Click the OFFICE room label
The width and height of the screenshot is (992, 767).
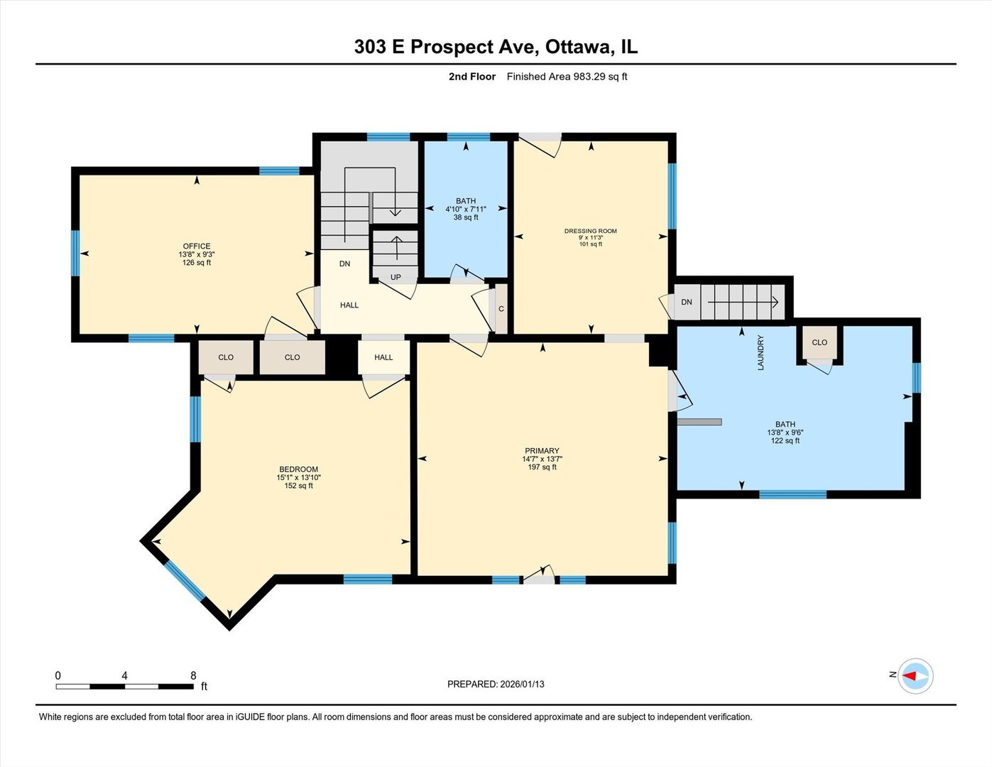(197, 246)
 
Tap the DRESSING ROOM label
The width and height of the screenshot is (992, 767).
(590, 231)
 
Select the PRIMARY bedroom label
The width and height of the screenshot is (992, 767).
(542, 451)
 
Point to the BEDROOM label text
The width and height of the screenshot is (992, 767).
(298, 469)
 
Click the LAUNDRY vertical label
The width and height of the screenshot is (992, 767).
(761, 352)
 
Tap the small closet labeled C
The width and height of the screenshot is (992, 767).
(501, 309)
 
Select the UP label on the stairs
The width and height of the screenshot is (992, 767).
(396, 277)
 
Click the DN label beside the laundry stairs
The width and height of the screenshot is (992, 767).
(687, 302)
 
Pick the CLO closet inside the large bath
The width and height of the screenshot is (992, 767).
(819, 342)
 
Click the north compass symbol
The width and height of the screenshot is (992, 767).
(915, 675)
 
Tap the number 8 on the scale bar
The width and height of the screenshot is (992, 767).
(193, 675)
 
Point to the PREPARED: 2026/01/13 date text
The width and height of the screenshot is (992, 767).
(496, 684)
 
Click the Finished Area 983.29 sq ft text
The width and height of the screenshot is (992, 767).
(567, 77)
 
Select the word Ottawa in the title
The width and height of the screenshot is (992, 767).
(578, 47)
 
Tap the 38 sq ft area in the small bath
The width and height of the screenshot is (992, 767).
(466, 217)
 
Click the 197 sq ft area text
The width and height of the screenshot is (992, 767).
(542, 467)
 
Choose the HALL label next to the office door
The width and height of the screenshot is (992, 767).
(349, 305)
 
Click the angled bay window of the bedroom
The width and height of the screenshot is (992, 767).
(185, 581)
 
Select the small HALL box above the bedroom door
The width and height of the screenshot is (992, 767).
(383, 357)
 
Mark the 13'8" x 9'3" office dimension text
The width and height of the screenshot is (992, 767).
(197, 254)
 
